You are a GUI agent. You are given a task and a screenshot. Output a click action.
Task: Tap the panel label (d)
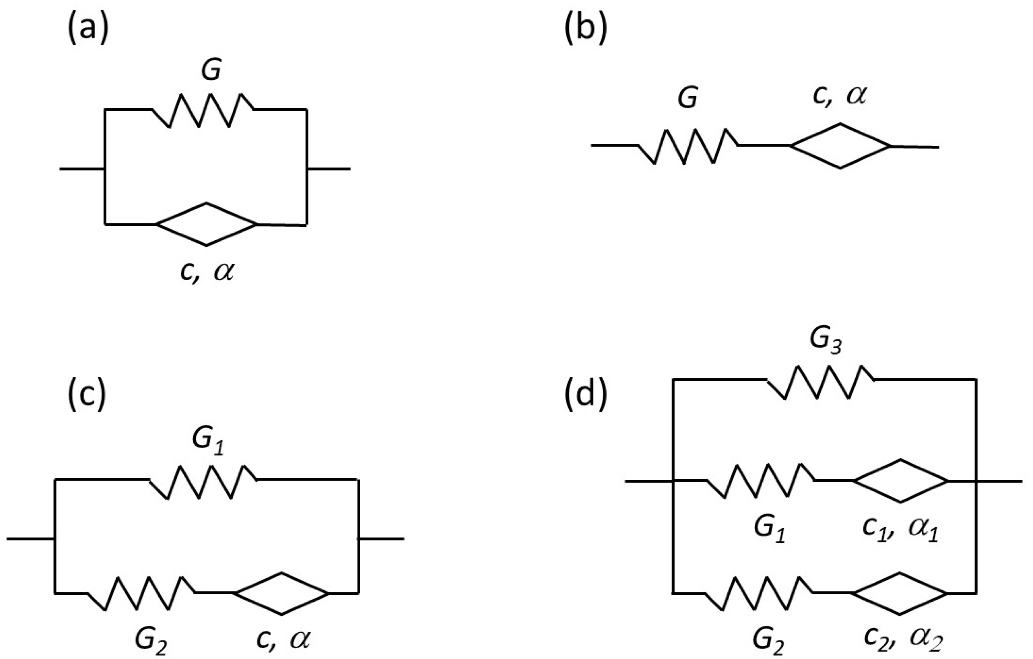(585, 395)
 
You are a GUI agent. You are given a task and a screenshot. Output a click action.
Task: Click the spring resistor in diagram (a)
(202, 110)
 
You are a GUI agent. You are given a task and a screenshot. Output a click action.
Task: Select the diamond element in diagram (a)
(207, 224)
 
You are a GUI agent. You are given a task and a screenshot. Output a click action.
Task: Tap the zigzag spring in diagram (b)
(688, 146)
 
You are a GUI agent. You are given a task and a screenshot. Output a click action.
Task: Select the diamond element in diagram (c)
(281, 593)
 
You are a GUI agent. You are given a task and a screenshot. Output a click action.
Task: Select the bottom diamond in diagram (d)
(900, 593)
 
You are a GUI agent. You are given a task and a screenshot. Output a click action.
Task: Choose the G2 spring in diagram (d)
(759, 593)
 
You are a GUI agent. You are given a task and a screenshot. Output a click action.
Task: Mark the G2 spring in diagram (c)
(142, 593)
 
